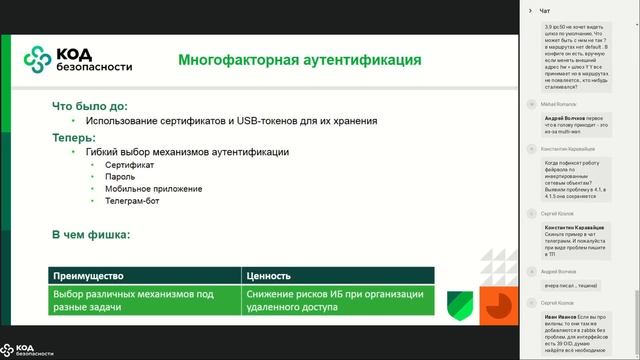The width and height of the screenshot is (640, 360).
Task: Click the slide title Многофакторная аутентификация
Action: (x=299, y=60)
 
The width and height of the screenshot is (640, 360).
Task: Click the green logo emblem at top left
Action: (x=38, y=61)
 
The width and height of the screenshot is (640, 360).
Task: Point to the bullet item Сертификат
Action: (x=128, y=163)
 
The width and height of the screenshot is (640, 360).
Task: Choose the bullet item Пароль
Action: (x=120, y=176)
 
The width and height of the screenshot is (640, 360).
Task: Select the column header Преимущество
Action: (x=92, y=275)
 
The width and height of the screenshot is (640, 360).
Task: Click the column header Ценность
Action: (x=268, y=275)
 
